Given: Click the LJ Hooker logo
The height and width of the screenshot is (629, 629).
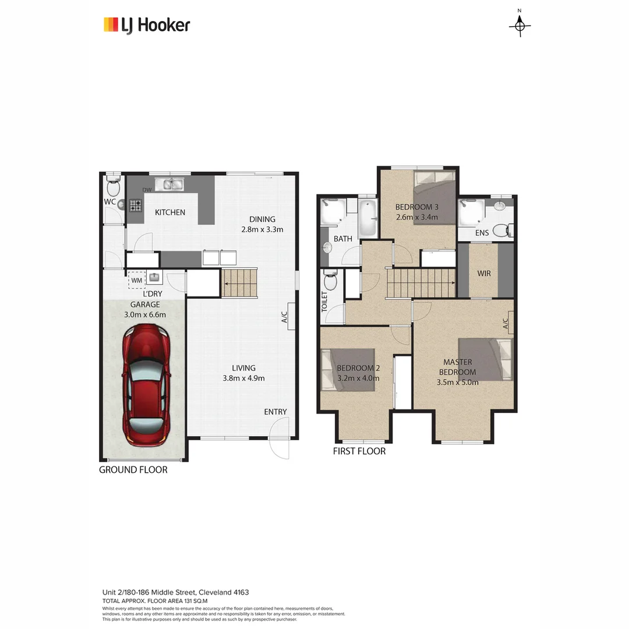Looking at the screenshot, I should click(147, 25).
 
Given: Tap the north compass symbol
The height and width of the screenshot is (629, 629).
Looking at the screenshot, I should click(520, 25).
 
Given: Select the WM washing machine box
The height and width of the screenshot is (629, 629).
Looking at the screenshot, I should click(137, 280).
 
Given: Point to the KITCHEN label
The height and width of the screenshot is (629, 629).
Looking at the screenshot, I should click(169, 213).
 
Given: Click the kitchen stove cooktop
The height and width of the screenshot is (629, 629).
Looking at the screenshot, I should click(135, 205).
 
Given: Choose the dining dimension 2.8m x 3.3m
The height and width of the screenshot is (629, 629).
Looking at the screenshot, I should click(262, 229).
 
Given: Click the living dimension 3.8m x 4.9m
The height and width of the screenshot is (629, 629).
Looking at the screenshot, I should click(243, 378).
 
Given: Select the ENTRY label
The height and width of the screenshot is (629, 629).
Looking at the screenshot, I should click(275, 412).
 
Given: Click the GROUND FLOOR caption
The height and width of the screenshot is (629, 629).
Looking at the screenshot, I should click(133, 469).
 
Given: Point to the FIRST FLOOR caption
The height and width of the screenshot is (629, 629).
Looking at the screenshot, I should click(359, 451).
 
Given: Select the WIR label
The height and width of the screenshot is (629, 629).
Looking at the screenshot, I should click(484, 273).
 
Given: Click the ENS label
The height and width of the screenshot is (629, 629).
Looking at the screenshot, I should click(482, 233).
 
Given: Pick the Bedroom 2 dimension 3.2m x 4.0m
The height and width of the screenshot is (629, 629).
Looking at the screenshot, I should click(358, 378).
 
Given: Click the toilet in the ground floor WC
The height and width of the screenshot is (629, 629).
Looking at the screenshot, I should click(114, 188).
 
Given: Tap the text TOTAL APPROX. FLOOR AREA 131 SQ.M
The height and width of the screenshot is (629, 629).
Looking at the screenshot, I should click(155, 600).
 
